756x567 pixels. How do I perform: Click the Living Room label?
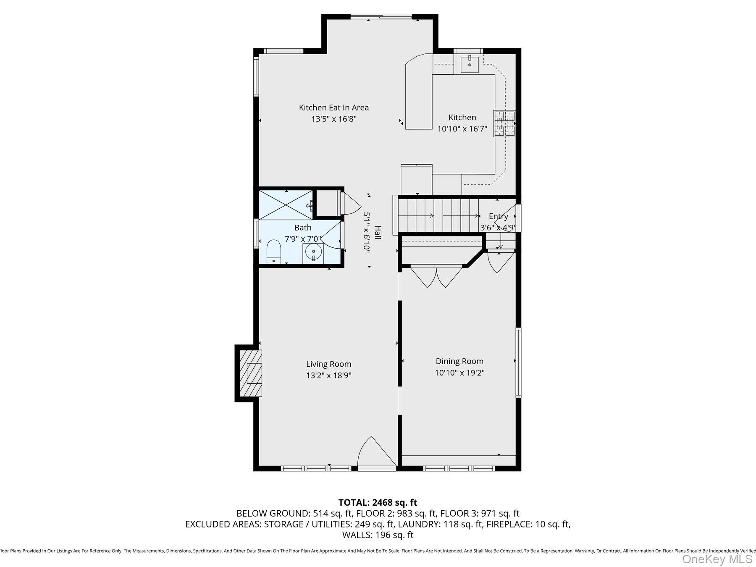tap(328, 364)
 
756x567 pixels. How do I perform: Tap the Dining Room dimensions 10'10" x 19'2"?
tap(459, 373)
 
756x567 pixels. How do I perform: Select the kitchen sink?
tap(469, 64)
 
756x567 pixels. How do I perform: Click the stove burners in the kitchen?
tap(504, 123)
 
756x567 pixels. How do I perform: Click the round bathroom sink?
tap(313, 252)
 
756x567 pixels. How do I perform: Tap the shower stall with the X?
tap(286, 205)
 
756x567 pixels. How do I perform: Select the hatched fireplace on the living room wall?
tap(251, 373)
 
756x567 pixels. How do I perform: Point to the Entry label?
tap(498, 216)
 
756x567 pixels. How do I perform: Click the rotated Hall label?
tap(378, 232)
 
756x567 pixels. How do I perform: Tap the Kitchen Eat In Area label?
tap(333, 108)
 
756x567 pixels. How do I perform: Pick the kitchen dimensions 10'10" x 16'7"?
tap(462, 129)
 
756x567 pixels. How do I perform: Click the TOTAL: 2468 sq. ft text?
tap(378, 502)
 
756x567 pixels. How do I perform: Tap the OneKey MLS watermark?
tap(717, 559)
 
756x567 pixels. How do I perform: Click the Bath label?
tap(303, 228)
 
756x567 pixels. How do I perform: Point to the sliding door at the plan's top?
tap(381, 17)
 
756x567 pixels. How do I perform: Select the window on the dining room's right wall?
tap(518, 362)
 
